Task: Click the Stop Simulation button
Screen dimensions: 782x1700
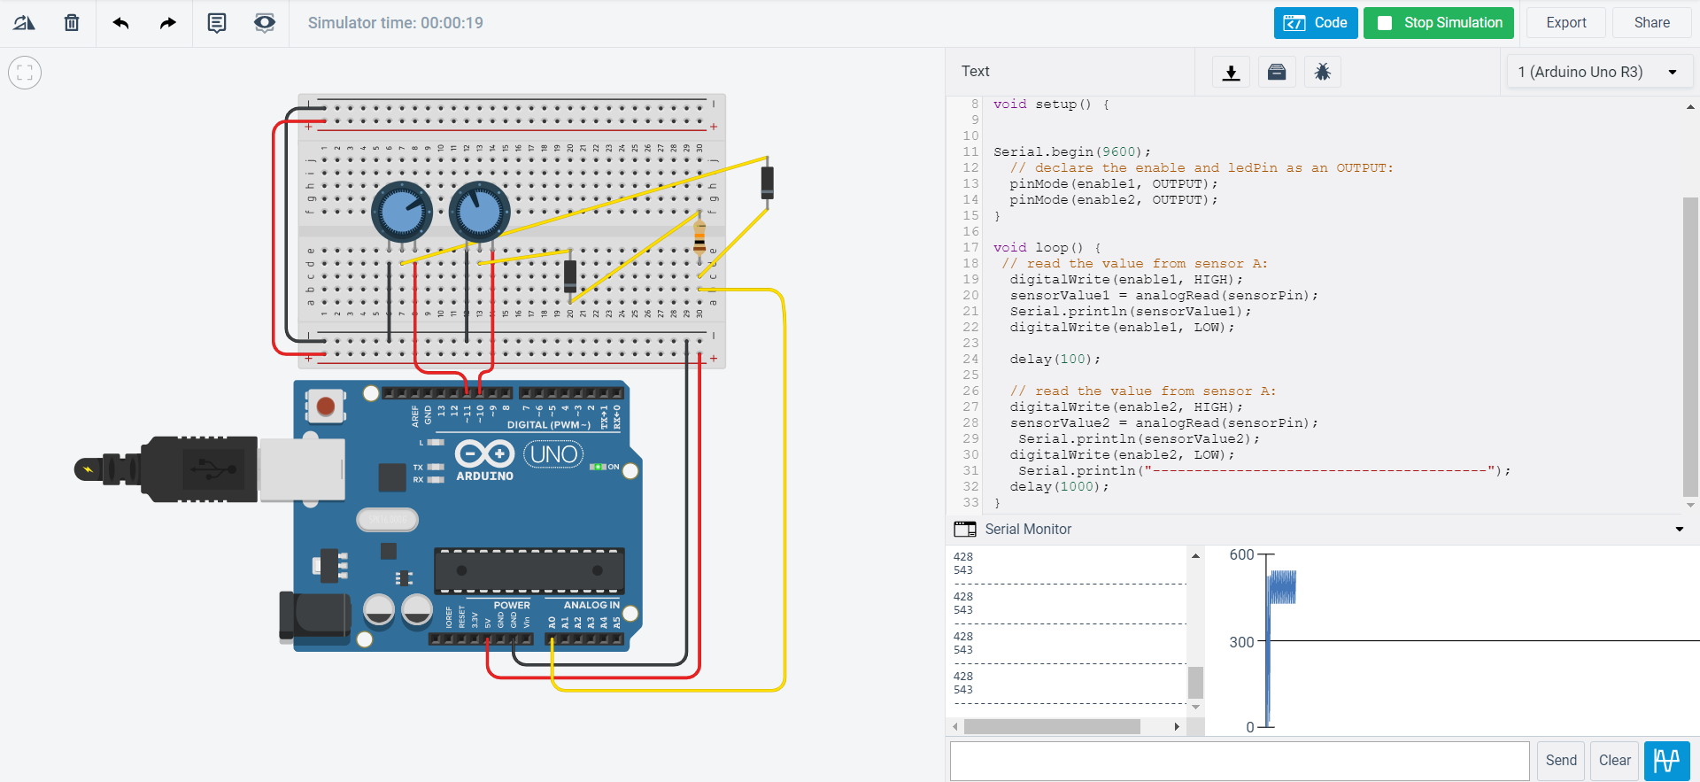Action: point(1439,23)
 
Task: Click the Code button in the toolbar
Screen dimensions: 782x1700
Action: point(1315,23)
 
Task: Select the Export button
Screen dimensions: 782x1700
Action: point(1565,23)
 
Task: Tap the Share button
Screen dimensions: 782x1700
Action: point(1651,23)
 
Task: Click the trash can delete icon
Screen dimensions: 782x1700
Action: point(72,23)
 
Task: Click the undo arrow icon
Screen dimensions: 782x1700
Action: point(121,23)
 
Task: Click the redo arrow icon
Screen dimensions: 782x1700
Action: point(167,23)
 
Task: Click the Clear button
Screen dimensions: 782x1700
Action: point(1614,760)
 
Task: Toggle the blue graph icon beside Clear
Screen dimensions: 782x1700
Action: point(1666,760)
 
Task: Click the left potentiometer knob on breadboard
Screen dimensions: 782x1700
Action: point(401,212)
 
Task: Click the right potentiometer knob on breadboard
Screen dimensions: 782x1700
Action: point(479,212)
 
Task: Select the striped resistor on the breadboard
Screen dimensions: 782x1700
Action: point(699,236)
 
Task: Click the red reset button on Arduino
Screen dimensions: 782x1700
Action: point(326,406)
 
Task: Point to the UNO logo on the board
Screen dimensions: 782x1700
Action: point(553,454)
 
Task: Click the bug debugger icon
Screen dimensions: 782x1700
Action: point(1322,72)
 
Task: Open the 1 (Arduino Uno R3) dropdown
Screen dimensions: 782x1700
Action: point(1598,72)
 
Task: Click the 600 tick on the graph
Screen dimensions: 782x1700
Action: point(1241,554)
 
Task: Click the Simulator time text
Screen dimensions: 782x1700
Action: point(395,23)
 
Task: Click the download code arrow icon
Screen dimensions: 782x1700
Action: point(1231,72)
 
